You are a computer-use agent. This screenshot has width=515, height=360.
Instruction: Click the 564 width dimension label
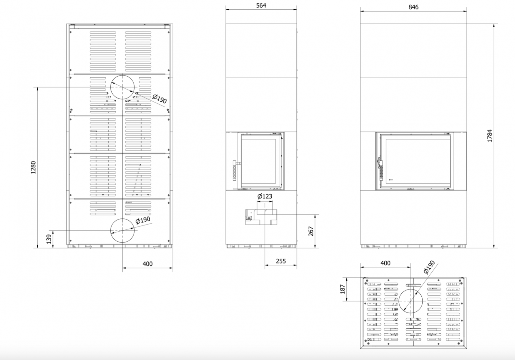261,5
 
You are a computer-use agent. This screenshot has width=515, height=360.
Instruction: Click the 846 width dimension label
413,7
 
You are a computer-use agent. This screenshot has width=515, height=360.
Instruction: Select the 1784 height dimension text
490,136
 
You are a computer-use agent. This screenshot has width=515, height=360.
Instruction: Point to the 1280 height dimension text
33,168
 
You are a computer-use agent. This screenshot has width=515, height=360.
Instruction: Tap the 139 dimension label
49,239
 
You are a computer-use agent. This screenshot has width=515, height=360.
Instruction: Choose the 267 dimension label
311,231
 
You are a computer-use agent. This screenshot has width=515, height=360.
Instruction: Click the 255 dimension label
281,261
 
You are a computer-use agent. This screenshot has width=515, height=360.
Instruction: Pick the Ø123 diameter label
265,196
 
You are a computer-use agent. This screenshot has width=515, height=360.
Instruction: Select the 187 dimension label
342,289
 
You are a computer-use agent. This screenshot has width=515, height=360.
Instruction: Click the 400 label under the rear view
147,264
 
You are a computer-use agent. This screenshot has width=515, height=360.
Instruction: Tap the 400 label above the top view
385,263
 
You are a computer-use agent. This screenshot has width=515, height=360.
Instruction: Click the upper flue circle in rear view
122,75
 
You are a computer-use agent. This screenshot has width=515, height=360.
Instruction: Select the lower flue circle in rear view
122,219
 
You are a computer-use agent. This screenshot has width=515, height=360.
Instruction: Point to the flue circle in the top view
411,289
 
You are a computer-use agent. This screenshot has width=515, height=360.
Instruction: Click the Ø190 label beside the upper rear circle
160,99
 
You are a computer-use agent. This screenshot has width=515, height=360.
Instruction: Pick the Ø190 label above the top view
429,267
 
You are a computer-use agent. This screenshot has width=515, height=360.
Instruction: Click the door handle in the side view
235,170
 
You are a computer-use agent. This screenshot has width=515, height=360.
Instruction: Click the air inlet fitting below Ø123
261,217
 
